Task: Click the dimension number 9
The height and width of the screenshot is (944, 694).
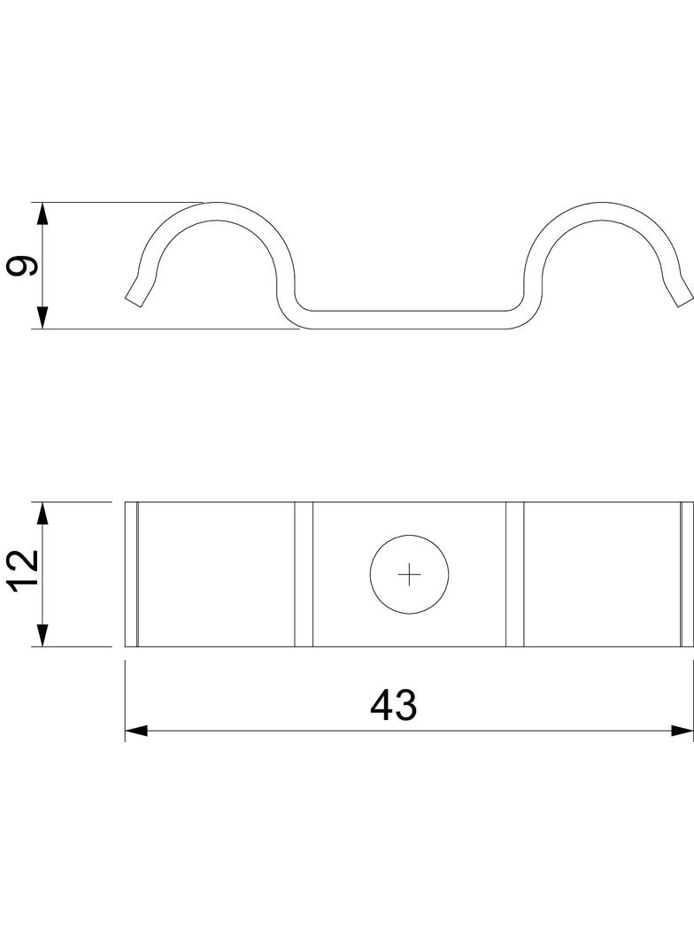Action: [x=22, y=266]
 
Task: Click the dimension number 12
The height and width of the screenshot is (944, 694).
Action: [x=25, y=570]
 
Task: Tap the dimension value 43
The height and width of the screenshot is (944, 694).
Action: [x=394, y=705]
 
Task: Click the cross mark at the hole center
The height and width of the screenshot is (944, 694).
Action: [x=409, y=575]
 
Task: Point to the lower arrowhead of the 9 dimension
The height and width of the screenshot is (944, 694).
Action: [x=42, y=317]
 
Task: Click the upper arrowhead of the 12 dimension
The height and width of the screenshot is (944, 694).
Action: [x=42, y=514]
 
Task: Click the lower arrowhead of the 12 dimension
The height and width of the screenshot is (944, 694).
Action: [x=42, y=635]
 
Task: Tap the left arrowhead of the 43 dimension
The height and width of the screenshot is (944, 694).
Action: [x=136, y=731]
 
